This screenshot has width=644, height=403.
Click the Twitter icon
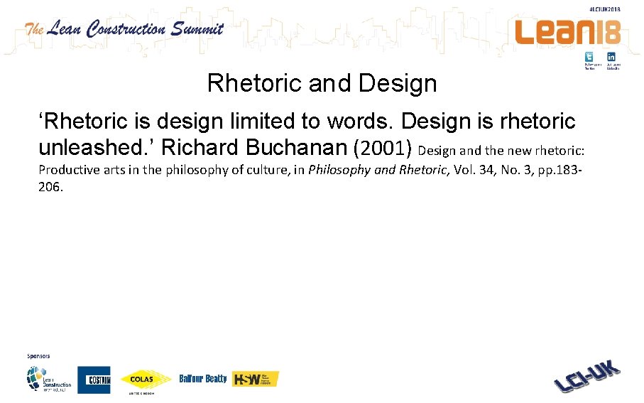click(589, 57)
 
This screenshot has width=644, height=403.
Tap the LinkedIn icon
click(611, 57)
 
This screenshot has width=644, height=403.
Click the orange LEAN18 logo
click(567, 31)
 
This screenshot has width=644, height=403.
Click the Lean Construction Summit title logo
click(124, 29)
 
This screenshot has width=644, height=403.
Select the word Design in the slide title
click(398, 84)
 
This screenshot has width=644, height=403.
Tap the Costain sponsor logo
click(94, 379)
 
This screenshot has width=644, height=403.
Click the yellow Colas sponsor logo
click(146, 380)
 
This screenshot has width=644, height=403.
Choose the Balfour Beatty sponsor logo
click(203, 379)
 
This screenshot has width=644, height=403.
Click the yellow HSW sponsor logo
click(256, 379)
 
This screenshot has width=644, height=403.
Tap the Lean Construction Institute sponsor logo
click(49, 380)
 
